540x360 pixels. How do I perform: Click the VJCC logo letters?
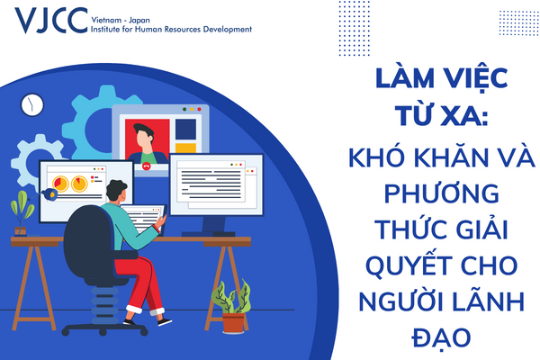pyautogui.click(x=51, y=20)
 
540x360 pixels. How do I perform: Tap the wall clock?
pyautogui.click(x=32, y=105)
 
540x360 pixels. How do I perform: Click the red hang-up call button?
pyautogui.click(x=147, y=166)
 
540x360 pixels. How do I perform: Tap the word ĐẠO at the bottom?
pyautogui.click(x=442, y=337)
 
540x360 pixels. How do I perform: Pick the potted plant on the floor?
pyautogui.click(x=232, y=307)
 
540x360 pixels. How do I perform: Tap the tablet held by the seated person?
pyautogui.click(x=143, y=218)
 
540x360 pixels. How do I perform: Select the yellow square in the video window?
pyautogui.click(x=185, y=148)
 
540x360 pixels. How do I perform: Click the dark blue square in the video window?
pyautogui.click(x=185, y=130)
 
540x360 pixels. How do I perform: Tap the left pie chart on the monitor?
pyautogui.click(x=60, y=184)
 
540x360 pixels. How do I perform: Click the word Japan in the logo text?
pyautogui.click(x=139, y=21)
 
